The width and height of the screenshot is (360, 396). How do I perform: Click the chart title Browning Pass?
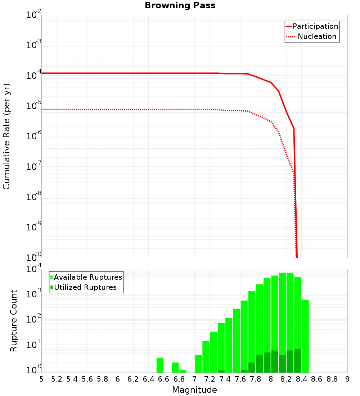(180, 5)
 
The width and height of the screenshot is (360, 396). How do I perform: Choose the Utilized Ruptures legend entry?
(85, 287)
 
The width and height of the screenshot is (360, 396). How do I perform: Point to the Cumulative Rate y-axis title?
(6, 136)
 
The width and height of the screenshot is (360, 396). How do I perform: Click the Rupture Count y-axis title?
(14, 321)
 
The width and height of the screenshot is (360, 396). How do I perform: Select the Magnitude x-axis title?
(194, 390)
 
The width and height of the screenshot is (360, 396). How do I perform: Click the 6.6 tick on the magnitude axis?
(164, 379)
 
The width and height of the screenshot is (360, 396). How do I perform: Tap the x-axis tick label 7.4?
(225, 379)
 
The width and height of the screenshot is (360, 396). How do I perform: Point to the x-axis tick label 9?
(347, 379)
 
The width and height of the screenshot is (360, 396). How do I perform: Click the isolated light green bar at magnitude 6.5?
(160, 365)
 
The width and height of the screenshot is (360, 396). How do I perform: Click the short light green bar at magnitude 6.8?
(183, 371)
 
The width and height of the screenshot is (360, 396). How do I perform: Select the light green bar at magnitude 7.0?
(198, 364)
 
